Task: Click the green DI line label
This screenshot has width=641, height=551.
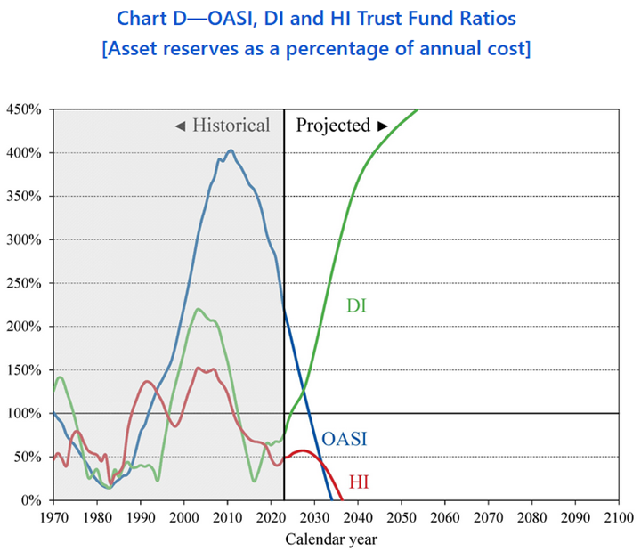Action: pyautogui.click(x=357, y=307)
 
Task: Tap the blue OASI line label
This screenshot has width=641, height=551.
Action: pyautogui.click(x=345, y=439)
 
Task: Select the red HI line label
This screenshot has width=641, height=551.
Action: pyautogui.click(x=359, y=482)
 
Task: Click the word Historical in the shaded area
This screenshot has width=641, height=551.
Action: pyautogui.click(x=231, y=126)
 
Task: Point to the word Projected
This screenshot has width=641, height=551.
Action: pyautogui.click(x=333, y=126)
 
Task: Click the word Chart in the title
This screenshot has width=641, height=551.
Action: pyautogui.click(x=134, y=17)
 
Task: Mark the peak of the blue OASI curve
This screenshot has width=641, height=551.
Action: pyautogui.click(x=231, y=150)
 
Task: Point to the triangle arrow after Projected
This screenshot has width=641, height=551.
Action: pyautogui.click(x=383, y=126)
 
